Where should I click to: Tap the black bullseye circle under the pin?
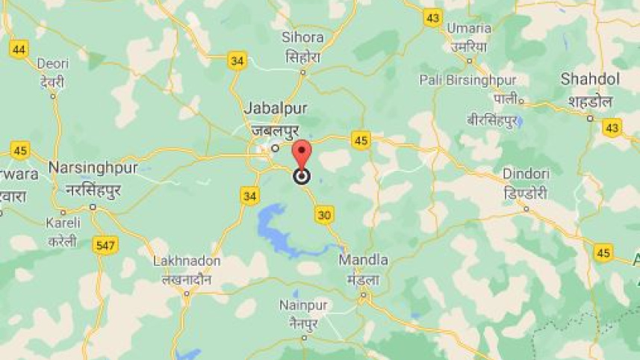[x=302, y=176]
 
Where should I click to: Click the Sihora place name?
[x=302, y=37]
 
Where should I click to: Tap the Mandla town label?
[x=364, y=260]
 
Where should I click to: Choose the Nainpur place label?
[x=304, y=305]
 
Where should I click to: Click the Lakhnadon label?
[x=187, y=261]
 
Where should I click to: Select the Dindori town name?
[x=526, y=174]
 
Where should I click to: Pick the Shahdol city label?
[x=590, y=80]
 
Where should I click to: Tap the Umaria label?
[x=470, y=28]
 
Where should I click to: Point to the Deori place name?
[x=53, y=63]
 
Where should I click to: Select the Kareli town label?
[x=63, y=223]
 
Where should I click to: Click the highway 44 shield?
[x=19, y=50]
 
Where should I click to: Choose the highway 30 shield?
[x=324, y=215]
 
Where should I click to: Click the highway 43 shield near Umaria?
[x=432, y=18]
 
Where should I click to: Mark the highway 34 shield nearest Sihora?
[x=237, y=60]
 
